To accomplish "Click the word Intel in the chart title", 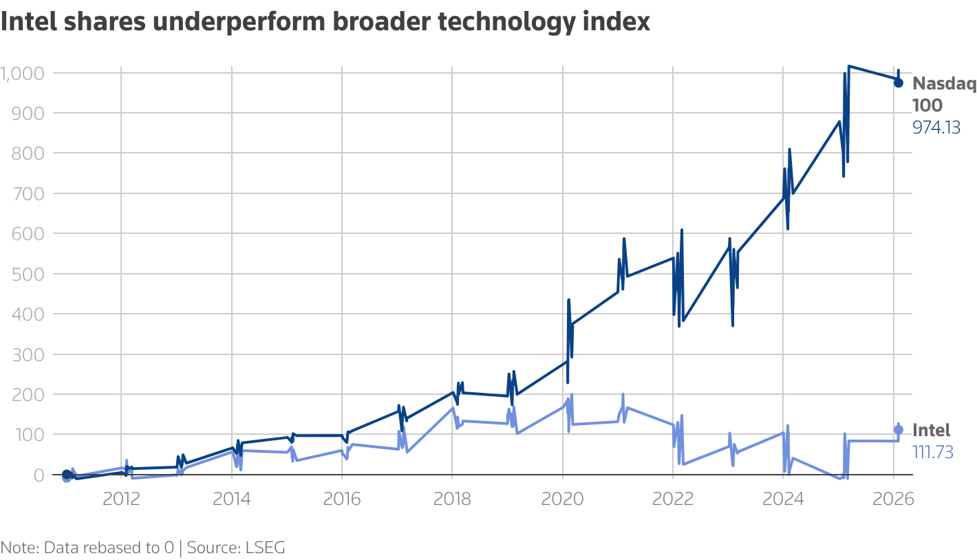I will tap(30, 22).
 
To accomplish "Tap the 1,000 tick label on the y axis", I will tap(23, 73).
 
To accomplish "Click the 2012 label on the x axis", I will tap(121, 499).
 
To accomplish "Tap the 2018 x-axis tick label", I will tap(452, 499).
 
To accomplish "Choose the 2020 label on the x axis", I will tap(562, 499).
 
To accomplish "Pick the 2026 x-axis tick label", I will tap(893, 499).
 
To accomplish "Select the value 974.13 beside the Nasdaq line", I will tap(936, 127).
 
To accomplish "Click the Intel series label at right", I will tap(931, 431).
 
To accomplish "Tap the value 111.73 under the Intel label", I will tap(932, 452).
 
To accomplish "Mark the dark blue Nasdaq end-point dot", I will tap(898, 83).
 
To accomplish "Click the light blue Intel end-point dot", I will tap(898, 429).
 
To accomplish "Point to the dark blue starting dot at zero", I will tap(66, 474).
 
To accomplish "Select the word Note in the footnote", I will tap(19, 548).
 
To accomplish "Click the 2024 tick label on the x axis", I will tap(783, 499).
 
